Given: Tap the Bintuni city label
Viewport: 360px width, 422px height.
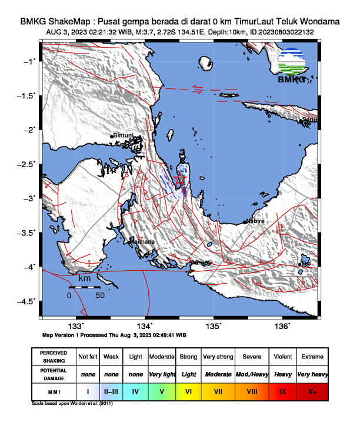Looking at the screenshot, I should pyautogui.click(x=124, y=135).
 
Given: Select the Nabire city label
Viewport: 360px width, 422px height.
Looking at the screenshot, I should pyautogui.click(x=255, y=221).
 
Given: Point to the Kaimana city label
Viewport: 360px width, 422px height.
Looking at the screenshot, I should pyautogui.click(x=142, y=241).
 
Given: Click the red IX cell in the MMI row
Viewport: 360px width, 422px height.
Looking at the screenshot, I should pyautogui.click(x=282, y=390).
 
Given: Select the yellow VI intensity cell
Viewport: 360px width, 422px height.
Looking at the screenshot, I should pyautogui.click(x=188, y=390).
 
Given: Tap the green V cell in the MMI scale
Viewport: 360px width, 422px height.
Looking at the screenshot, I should pyautogui.click(x=162, y=390).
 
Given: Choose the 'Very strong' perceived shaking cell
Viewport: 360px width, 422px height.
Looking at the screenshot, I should pyautogui.click(x=218, y=357).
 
